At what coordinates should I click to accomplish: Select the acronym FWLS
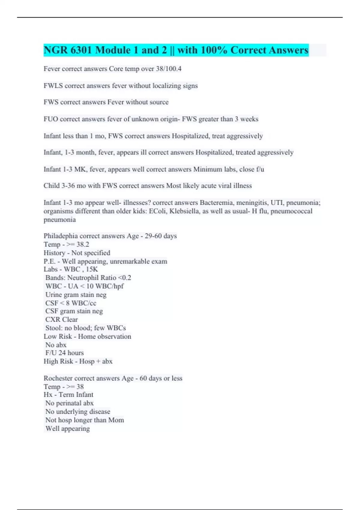pos(53,86)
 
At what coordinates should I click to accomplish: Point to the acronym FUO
pos(51,119)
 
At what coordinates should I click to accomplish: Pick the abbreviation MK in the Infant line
pos(80,169)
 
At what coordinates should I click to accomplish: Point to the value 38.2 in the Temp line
pos(82,244)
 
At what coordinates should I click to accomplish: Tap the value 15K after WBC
pos(92,269)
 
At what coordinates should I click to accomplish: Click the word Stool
pos(54,328)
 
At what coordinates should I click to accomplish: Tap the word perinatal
pos(69,403)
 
